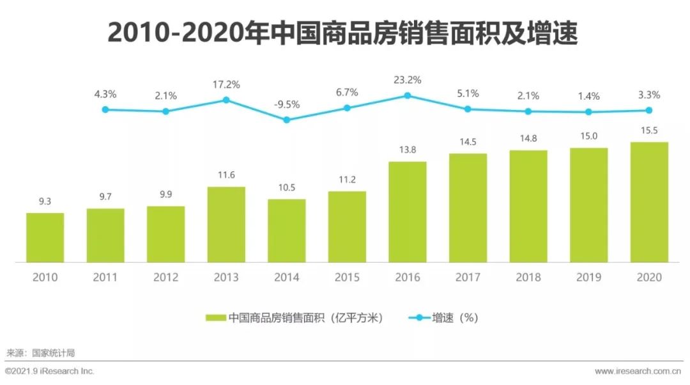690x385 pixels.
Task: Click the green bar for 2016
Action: (x=408, y=212)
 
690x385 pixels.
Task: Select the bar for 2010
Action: (x=45, y=237)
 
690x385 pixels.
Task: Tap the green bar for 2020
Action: (x=649, y=202)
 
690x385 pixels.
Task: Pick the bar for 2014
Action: (x=286, y=230)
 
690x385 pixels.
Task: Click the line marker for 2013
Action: (x=226, y=100)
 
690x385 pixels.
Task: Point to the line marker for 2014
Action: (x=286, y=120)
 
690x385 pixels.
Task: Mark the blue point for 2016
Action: (x=408, y=96)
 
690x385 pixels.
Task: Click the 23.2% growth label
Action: (x=407, y=81)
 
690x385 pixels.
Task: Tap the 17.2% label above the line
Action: (x=226, y=84)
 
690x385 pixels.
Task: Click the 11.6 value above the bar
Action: (x=226, y=175)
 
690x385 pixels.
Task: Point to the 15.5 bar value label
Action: (x=649, y=130)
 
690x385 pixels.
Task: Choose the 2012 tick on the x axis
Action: (x=165, y=277)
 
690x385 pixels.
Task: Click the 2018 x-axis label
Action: (x=528, y=277)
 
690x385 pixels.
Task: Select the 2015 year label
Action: (x=347, y=277)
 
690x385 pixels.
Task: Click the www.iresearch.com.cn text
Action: (x=637, y=372)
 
